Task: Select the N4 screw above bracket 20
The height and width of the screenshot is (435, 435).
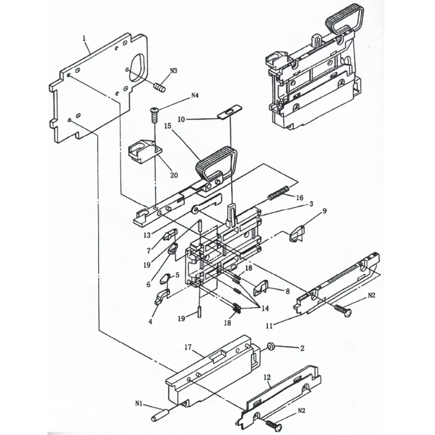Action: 154,114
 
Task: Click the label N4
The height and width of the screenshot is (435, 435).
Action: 195,97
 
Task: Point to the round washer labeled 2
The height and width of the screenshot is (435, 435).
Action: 270,346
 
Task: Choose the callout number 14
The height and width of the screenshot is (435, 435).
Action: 265,308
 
